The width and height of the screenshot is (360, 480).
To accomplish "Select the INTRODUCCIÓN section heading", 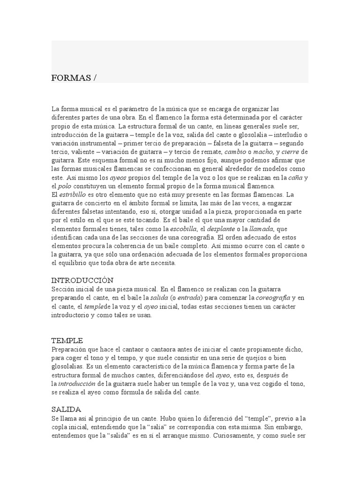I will tap(82, 280).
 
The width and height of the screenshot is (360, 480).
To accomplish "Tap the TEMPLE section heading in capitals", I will tap(67, 340).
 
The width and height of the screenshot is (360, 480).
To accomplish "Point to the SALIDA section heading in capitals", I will tap(66, 409).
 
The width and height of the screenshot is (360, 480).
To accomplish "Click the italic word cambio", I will tap(235, 152).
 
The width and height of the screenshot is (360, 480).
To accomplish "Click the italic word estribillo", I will tap(73, 194).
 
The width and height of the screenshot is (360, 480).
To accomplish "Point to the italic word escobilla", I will tap(183, 229).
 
